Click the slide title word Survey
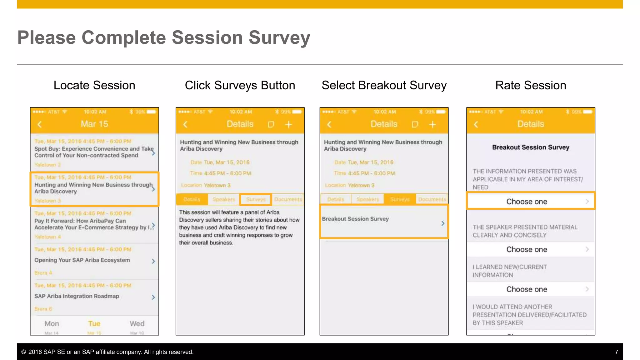pyautogui.click(x=279, y=38)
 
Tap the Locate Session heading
pyautogui.click(x=94, y=85)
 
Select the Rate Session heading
pyautogui.click(x=530, y=85)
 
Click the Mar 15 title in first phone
pyautogui.click(x=94, y=124)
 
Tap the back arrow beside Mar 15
pyautogui.click(x=40, y=124)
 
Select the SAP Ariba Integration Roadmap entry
pyautogui.click(x=77, y=296)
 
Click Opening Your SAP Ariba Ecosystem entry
pyautogui.click(x=82, y=260)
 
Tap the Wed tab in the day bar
pyautogui.click(x=137, y=324)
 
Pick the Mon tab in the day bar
pyautogui.click(x=52, y=324)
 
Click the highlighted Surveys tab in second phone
pyautogui.click(x=256, y=199)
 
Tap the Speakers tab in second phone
pyautogui.click(x=223, y=199)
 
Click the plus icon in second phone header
pyautogui.click(x=288, y=125)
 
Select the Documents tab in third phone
pyautogui.click(x=432, y=199)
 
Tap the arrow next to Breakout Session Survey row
pyautogui.click(x=442, y=223)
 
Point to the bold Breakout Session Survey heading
pyautogui.click(x=530, y=147)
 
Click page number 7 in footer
pyautogui.click(x=616, y=352)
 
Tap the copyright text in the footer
pyautogui.click(x=107, y=352)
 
